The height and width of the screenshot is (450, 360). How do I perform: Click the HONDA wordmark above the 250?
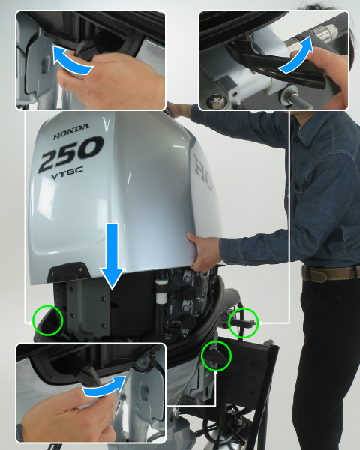pos(71,132)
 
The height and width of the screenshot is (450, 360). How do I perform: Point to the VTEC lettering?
pos(67,173)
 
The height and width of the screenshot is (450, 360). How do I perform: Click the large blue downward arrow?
pos(112,256)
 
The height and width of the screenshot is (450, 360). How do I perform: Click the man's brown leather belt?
pos(330,273)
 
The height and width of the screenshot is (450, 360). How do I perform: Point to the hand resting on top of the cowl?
pos(178,110)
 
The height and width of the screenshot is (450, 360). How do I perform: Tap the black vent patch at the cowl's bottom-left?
pos(68,271)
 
